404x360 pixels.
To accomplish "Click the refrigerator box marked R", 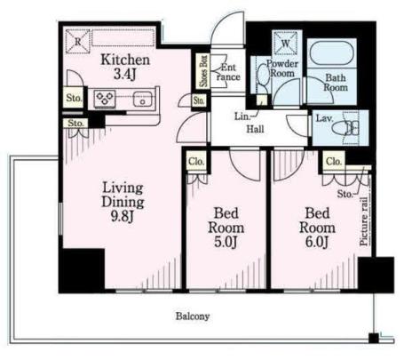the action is coord(77,42).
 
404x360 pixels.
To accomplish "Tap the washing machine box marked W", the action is coord(285,44).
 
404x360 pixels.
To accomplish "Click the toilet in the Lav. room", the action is coord(345,128).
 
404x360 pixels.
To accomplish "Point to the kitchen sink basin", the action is coord(143,100).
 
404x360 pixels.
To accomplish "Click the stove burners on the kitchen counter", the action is coord(105,99).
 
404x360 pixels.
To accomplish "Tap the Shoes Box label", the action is coord(203,71).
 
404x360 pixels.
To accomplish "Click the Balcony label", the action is coord(193,316).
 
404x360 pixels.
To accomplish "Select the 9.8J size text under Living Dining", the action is coord(122,216).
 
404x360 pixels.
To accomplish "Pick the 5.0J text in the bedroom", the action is coord(226,242).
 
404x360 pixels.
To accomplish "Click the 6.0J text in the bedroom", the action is coord(317,242).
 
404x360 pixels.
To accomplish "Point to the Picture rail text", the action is coord(364,221).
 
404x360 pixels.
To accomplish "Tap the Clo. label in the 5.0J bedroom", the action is coord(196,162).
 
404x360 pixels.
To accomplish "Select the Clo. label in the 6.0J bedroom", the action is coord(334,162).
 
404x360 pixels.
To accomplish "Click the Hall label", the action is coord(255,129).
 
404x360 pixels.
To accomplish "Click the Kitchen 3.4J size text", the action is coord(124,74).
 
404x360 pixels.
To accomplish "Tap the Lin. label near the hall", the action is coord(242,116).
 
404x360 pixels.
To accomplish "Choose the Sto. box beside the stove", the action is coord(74,98).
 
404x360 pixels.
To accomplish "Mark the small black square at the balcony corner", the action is coord(374,338).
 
